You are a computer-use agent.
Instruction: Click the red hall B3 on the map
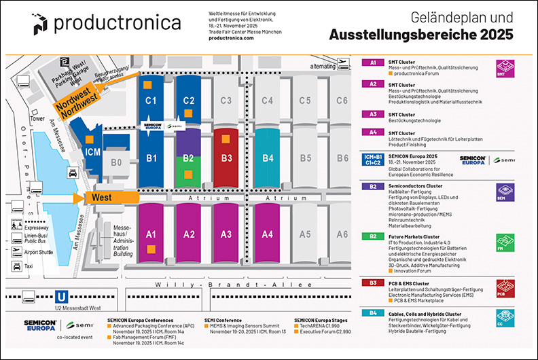[x=228, y=158]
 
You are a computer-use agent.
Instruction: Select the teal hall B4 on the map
[x=268, y=158]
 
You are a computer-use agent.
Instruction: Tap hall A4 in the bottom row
[x=268, y=234]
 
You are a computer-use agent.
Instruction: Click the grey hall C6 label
[x=342, y=101]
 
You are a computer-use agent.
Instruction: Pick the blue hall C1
[x=151, y=101]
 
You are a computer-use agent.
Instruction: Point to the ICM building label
[x=93, y=153]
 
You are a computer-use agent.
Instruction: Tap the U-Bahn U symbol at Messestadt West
[x=61, y=296]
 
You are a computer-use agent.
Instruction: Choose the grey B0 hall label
[x=116, y=162]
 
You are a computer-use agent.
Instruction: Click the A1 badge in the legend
[x=373, y=62]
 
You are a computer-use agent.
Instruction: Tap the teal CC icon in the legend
[x=505, y=317]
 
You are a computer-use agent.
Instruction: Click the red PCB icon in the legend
[x=505, y=287]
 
